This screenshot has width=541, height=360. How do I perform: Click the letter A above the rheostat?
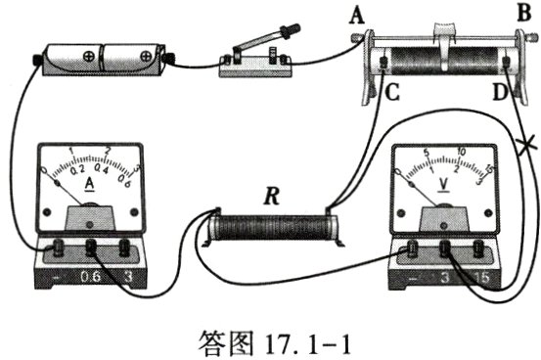(356, 14)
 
